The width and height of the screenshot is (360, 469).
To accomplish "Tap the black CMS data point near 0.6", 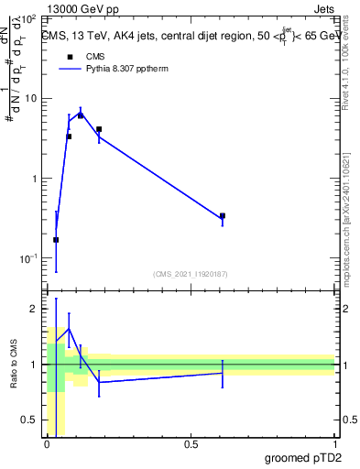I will (x=223, y=216).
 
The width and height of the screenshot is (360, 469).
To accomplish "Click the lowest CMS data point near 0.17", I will (x=56, y=240).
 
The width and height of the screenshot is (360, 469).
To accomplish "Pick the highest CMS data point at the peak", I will (x=81, y=115).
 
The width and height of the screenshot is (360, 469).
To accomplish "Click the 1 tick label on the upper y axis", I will (x=33, y=178).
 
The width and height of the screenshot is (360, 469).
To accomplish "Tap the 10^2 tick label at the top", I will (x=27, y=17).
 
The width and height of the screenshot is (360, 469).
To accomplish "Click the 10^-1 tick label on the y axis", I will (x=27, y=258).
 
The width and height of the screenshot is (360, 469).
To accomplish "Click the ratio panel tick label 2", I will (x=33, y=309).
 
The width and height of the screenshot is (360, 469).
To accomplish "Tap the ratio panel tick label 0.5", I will (x=28, y=420).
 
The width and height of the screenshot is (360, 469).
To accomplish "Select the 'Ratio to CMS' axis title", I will (x=12, y=365).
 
